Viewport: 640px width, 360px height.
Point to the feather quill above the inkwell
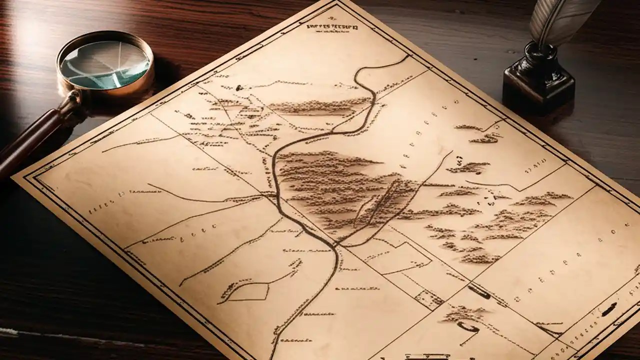(562, 20)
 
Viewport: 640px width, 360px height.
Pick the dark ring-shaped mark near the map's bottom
(467, 328)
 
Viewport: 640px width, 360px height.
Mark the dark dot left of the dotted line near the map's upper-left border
(239, 88)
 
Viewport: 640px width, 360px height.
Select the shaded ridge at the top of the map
(315, 106)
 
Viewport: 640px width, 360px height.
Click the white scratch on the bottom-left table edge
(10, 331)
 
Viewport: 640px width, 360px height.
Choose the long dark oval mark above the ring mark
(479, 292)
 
